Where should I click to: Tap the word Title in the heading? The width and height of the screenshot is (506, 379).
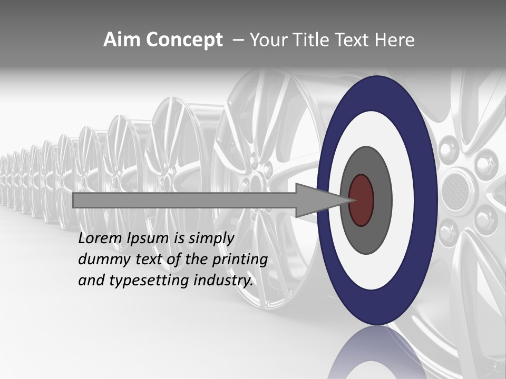point(314,40)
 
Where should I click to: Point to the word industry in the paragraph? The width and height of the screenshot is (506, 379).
point(223,281)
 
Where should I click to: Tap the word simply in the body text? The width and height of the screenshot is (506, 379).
point(211,238)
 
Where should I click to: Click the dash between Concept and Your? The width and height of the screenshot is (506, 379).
point(238,40)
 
